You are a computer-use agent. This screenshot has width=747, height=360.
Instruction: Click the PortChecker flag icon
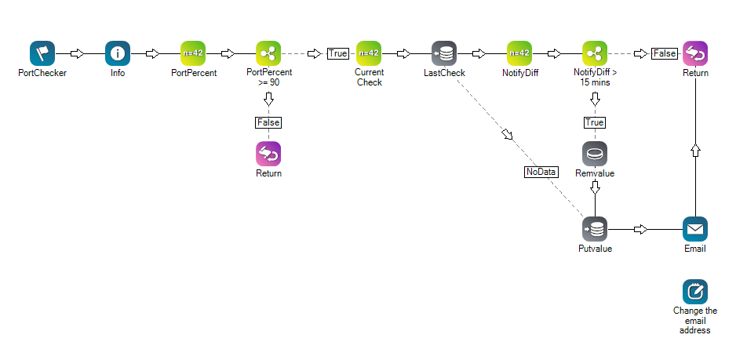42,53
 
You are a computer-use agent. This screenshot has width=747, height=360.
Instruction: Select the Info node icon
118,53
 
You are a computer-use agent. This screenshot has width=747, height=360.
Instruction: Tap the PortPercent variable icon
193,53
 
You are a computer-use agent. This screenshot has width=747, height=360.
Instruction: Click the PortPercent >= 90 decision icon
268,53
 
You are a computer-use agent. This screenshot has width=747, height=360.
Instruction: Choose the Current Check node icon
369,53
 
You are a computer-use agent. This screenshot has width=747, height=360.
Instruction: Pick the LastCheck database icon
444,53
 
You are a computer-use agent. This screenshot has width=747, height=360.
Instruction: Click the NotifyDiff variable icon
519,53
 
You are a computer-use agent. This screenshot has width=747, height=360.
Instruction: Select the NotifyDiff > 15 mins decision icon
595,53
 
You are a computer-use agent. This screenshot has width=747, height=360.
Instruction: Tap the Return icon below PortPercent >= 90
268,154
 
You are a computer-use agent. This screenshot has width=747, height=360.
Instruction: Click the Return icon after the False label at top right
695,53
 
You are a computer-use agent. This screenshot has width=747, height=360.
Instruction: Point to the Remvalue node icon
595,154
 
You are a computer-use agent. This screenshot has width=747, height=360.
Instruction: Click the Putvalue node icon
595,229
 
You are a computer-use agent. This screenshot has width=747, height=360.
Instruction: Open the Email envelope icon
695,229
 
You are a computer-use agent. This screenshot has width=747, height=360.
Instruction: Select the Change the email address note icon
695,292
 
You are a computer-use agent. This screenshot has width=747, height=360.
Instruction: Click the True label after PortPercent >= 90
338,54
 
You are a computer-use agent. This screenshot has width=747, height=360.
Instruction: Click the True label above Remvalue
595,122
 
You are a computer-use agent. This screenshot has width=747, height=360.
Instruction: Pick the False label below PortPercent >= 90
268,122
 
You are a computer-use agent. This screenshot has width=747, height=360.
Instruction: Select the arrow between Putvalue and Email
641,230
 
